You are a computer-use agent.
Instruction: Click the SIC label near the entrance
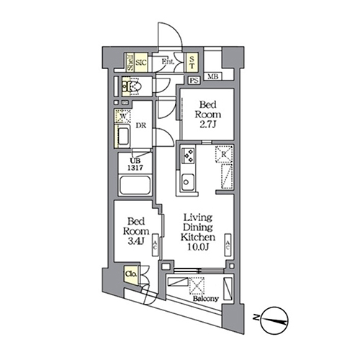(x=143, y=62)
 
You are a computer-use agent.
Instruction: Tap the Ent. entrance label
(x=166, y=62)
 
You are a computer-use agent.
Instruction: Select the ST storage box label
(x=192, y=62)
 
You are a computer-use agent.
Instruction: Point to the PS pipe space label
(x=194, y=79)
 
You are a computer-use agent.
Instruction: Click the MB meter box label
(x=213, y=77)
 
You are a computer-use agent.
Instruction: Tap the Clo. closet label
(x=132, y=274)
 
